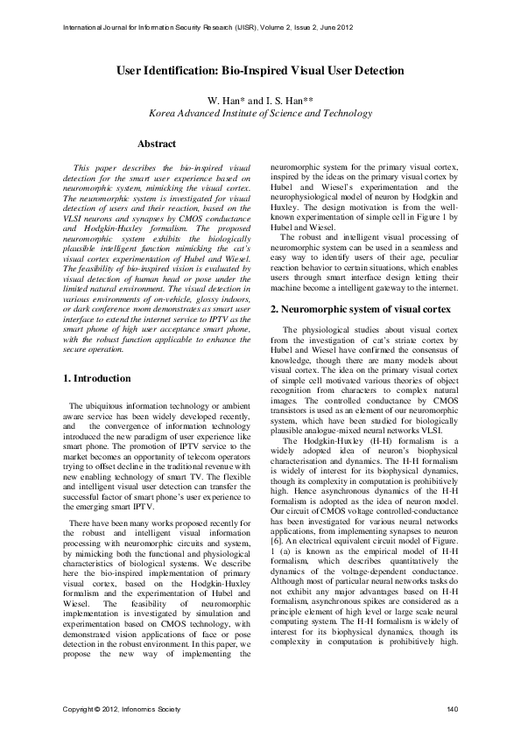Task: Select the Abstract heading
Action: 157,144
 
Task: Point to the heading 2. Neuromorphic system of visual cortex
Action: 360,310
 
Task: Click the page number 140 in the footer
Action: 452,708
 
